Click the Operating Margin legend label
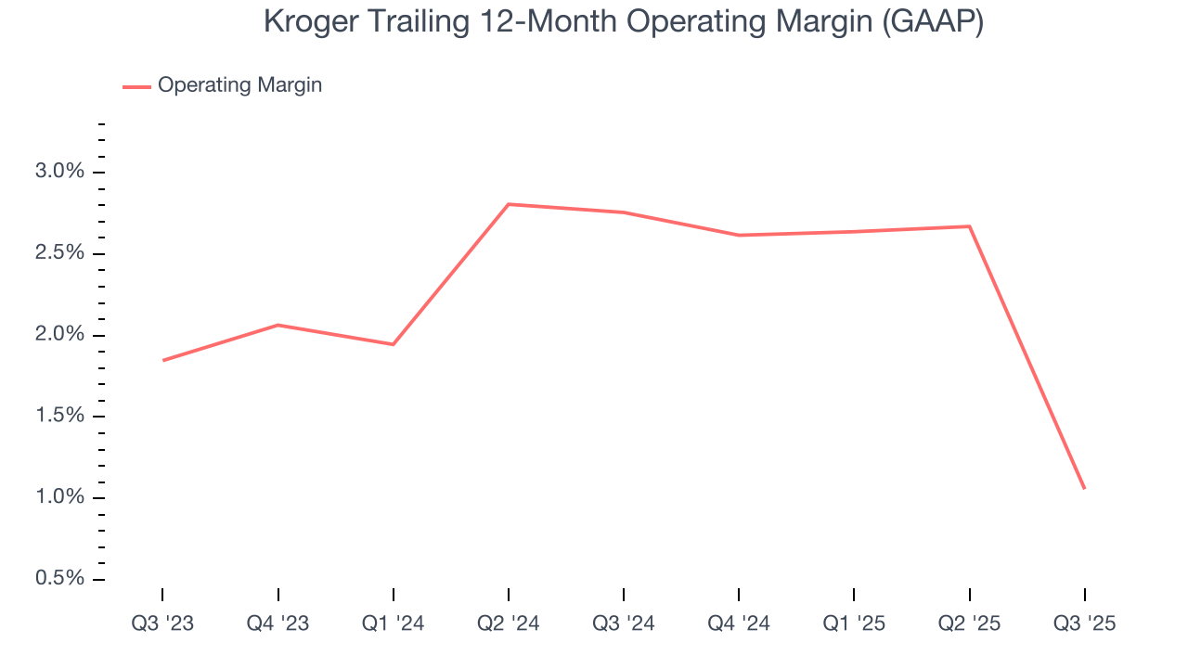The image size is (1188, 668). click(239, 85)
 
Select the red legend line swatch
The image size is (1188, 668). click(136, 86)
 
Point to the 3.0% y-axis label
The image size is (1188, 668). click(60, 172)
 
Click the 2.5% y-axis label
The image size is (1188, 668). click(60, 253)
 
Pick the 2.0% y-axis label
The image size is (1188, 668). click(60, 335)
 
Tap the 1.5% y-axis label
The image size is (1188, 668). click(60, 416)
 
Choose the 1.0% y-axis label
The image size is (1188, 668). click(60, 497)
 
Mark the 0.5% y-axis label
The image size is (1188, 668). click(60, 579)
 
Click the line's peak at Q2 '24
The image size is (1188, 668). click(509, 204)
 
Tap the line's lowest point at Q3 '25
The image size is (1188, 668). click(1084, 488)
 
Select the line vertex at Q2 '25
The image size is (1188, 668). click(969, 226)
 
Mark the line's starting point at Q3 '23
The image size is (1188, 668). click(163, 360)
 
